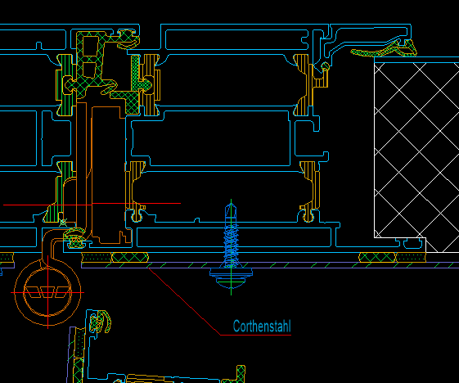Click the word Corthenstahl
[x=262, y=327]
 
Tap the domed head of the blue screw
[x=231, y=279]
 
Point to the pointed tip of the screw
[x=231, y=204]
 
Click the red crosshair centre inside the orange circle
[x=48, y=292]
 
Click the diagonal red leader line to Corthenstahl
[x=184, y=301]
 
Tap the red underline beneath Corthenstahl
[x=255, y=335]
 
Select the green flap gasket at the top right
[x=384, y=51]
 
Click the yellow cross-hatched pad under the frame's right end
[x=377, y=258]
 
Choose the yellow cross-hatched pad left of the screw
[x=130, y=258]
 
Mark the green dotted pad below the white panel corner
[x=411, y=258]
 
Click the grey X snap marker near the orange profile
[x=63, y=223]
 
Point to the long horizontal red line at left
[x=92, y=204]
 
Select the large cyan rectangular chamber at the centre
[x=211, y=138]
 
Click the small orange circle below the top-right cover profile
[x=325, y=66]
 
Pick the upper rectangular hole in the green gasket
[x=91, y=46]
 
